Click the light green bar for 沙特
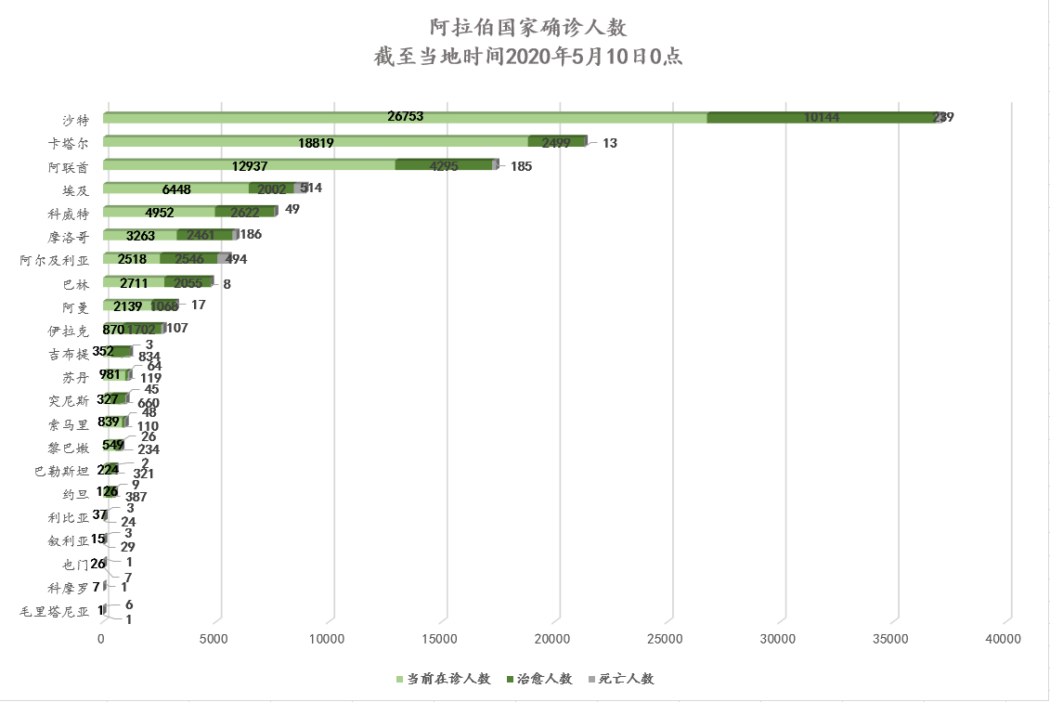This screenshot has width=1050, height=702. coord(279,118)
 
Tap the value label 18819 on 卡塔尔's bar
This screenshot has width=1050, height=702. coord(316,142)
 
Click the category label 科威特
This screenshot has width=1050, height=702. coord(70,214)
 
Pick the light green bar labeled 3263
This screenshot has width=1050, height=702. coord(139,236)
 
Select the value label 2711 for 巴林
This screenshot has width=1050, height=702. coord(134,282)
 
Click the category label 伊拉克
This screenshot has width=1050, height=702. coord(70,331)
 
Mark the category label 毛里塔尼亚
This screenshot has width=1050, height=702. coord(56,612)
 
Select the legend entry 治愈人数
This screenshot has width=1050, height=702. coord(540,679)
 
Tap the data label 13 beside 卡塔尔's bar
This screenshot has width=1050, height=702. coord(610,143)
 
